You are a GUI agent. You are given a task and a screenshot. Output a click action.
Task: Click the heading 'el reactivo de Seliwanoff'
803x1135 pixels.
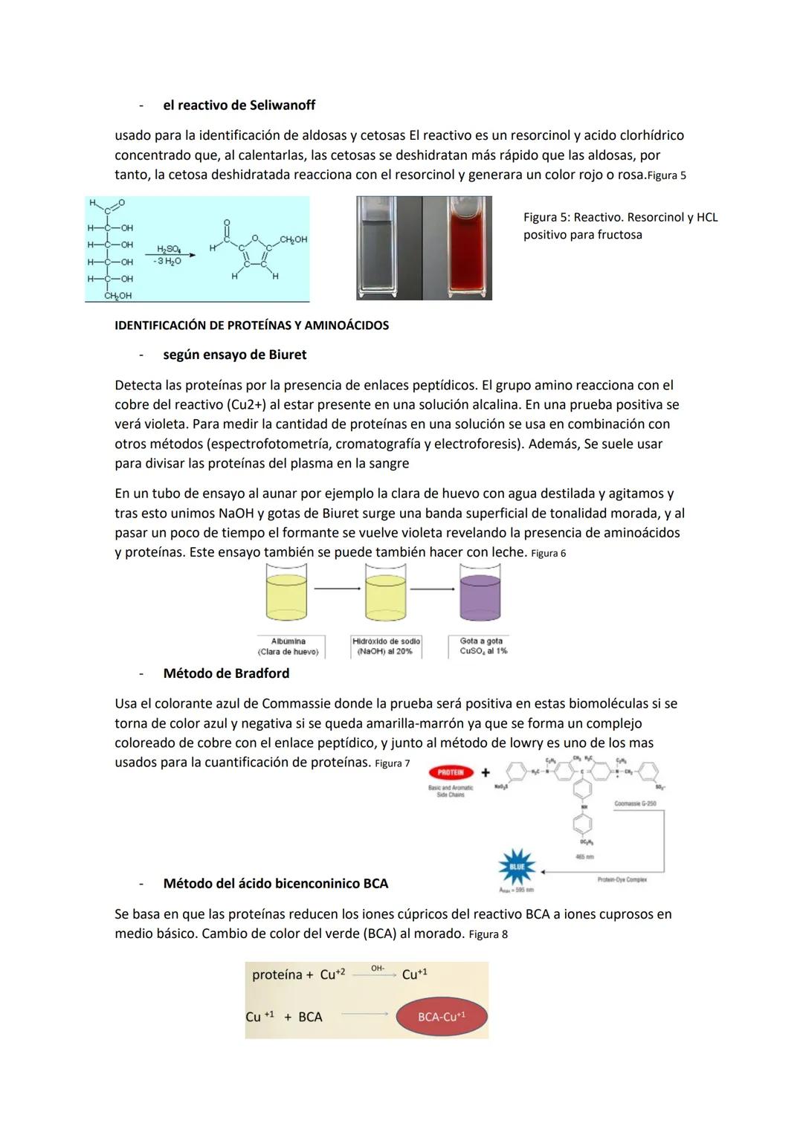(239, 106)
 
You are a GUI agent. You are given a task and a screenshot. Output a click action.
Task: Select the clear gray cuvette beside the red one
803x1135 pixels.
(390, 248)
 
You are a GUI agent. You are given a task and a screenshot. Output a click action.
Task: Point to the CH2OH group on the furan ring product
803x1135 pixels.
(293, 239)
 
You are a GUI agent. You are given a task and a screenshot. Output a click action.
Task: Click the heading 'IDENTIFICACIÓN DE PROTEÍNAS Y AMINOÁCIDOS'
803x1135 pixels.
(251, 326)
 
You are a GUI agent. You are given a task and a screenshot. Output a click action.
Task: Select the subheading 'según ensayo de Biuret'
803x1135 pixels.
(234, 355)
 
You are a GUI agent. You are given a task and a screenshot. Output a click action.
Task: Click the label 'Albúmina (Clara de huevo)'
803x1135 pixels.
(288, 646)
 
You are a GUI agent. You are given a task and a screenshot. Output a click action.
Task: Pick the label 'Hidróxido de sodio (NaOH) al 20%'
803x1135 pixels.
(386, 646)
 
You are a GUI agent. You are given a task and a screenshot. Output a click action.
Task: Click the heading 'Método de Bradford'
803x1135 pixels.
(226, 673)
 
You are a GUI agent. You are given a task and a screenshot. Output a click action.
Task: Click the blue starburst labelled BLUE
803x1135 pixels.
(517, 867)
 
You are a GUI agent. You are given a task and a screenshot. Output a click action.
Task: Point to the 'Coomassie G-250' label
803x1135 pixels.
(635, 803)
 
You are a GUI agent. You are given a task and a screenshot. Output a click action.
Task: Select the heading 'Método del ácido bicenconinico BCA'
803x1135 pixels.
(275, 884)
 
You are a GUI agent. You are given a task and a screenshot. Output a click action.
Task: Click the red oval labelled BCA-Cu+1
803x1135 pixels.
(442, 1017)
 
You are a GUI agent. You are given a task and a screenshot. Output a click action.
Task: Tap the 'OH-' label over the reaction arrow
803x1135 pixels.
(378, 969)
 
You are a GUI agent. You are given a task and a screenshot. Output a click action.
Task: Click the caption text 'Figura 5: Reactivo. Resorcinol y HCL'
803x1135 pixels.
(620, 218)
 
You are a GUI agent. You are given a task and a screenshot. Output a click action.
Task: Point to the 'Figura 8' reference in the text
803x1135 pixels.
(488, 934)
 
